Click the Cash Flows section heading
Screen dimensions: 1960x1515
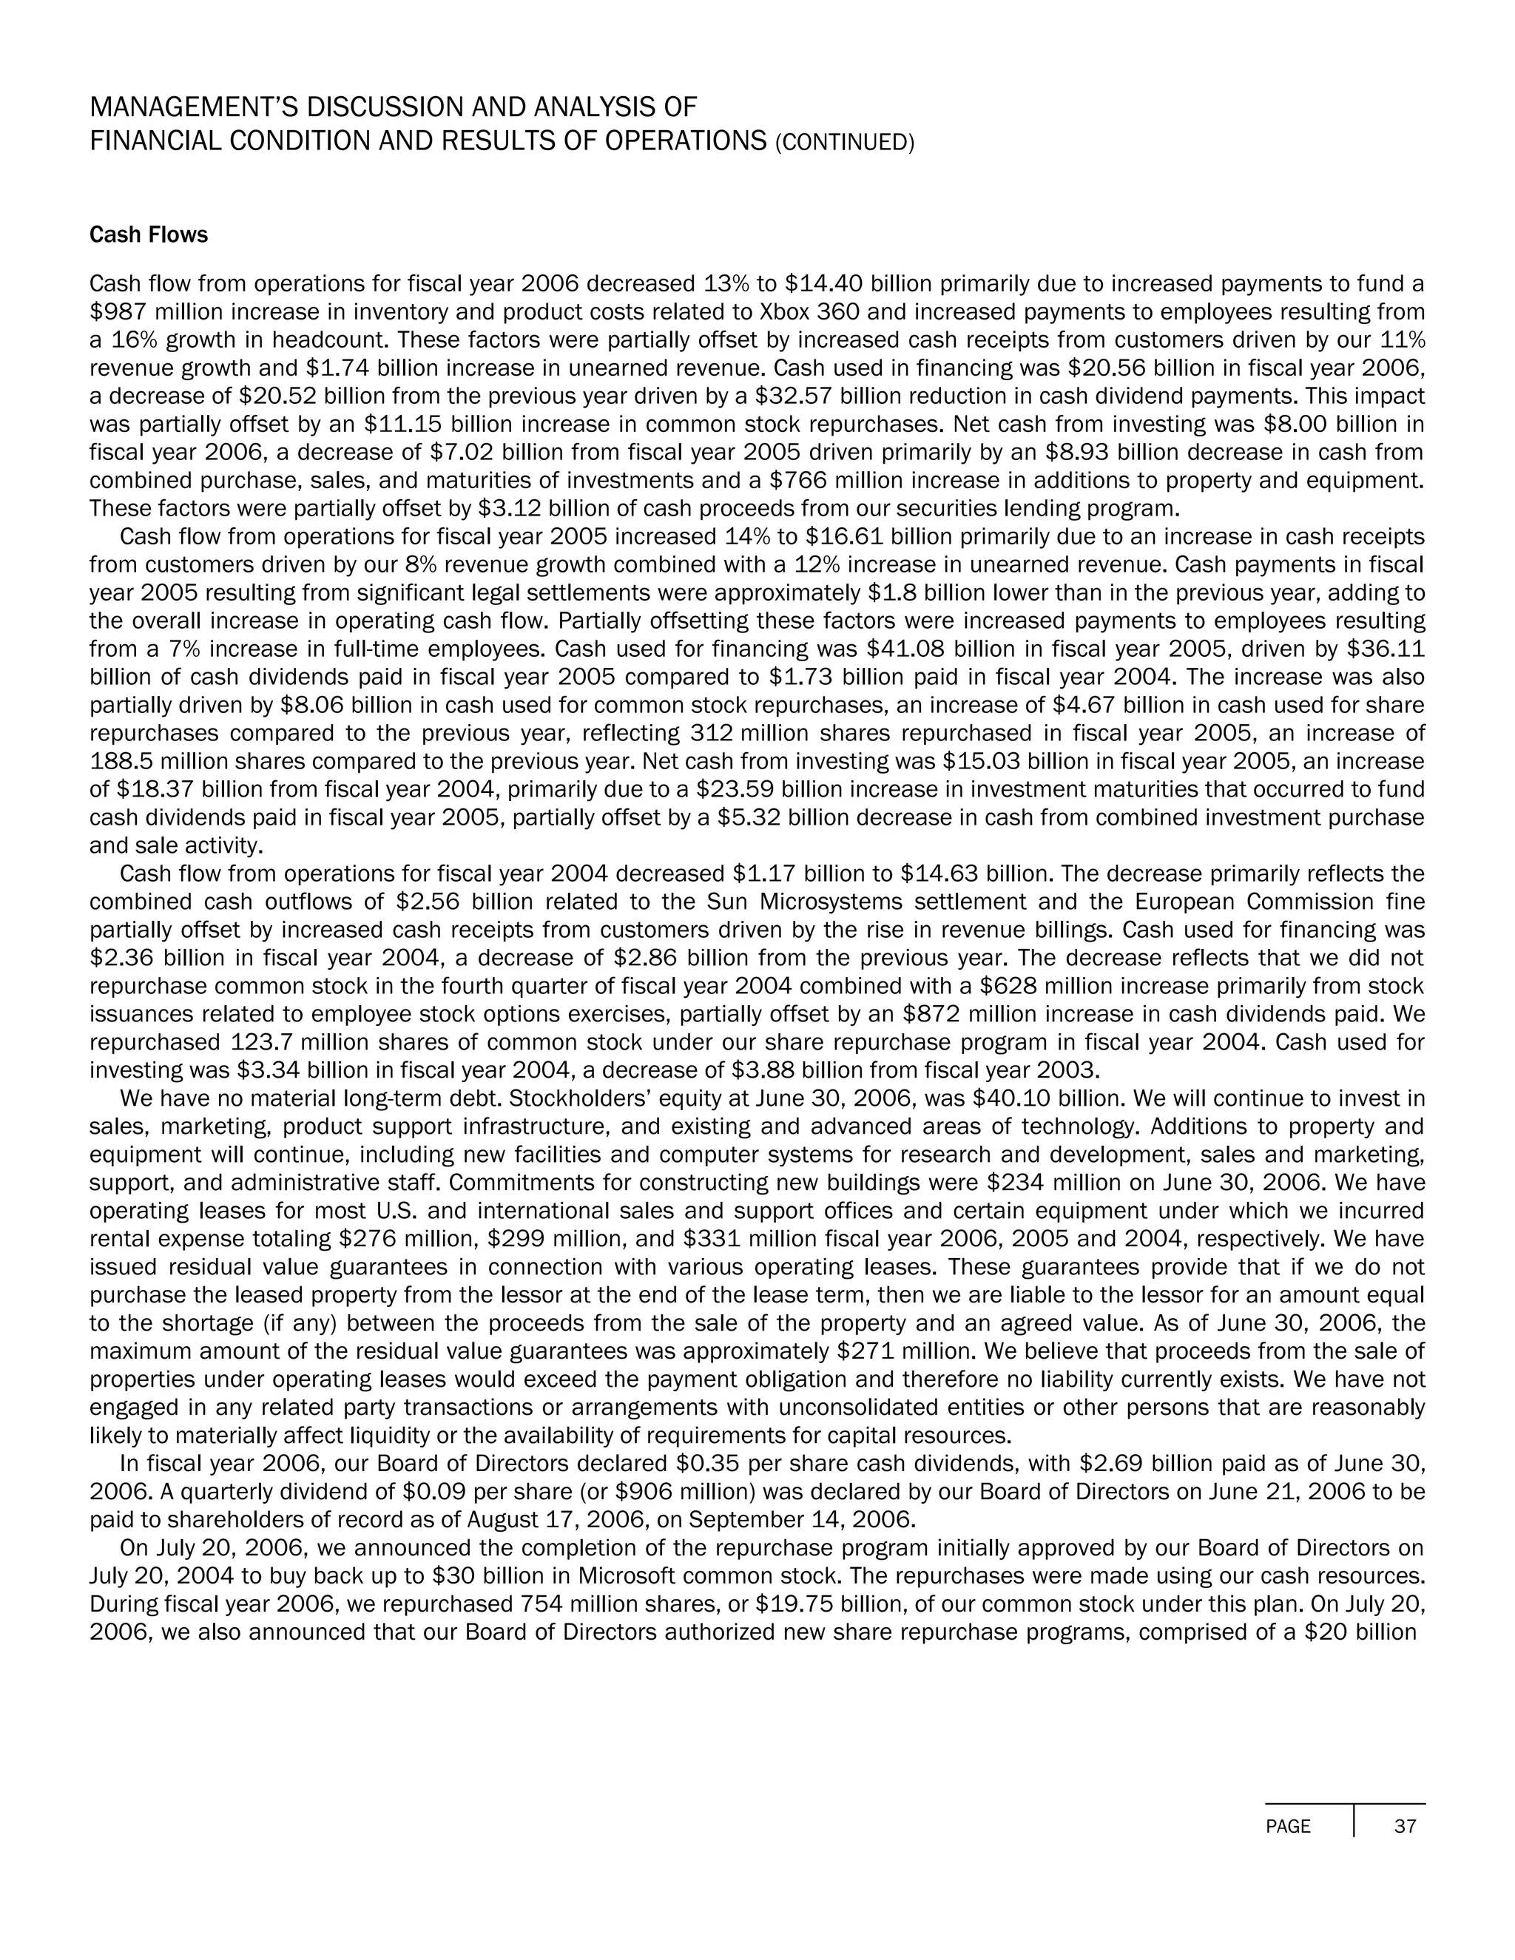[148, 235]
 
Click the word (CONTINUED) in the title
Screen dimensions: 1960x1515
[843, 143]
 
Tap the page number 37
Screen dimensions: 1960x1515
[1405, 1826]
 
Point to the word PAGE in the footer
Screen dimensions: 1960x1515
[1288, 1826]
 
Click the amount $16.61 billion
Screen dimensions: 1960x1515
[885, 538]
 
